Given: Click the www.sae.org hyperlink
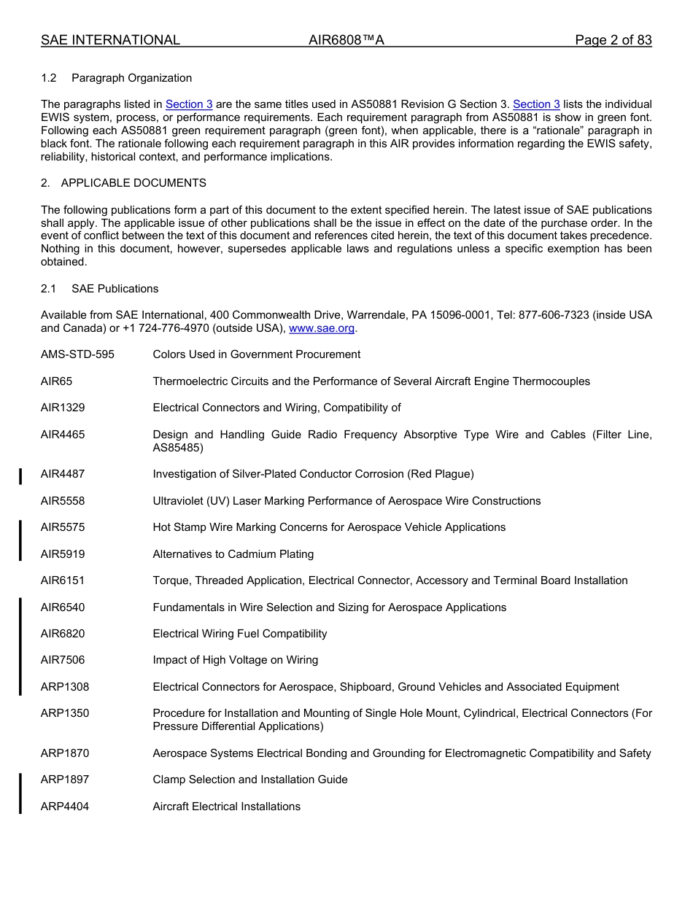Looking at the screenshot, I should (x=322, y=328).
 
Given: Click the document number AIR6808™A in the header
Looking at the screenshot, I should (x=346, y=40).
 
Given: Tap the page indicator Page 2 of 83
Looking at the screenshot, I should (x=613, y=40).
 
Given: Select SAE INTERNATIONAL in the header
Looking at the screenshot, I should (x=110, y=40).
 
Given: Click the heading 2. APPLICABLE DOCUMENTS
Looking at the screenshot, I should (x=123, y=183).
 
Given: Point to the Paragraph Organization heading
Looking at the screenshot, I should (x=131, y=78).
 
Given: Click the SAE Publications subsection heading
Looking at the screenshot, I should (x=115, y=289).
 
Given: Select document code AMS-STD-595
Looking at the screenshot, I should (x=77, y=354).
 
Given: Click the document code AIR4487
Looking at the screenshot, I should (x=63, y=474).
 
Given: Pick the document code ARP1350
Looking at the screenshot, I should (x=65, y=713).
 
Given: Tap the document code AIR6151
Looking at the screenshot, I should (x=63, y=580).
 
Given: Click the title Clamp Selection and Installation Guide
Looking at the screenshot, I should (x=249, y=780).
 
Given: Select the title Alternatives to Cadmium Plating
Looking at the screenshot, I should (x=233, y=554).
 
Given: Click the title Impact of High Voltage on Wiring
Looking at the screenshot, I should (x=235, y=660).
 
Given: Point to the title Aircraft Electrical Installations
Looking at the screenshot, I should (x=226, y=807).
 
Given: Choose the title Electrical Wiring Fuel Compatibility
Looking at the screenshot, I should (x=239, y=634).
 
